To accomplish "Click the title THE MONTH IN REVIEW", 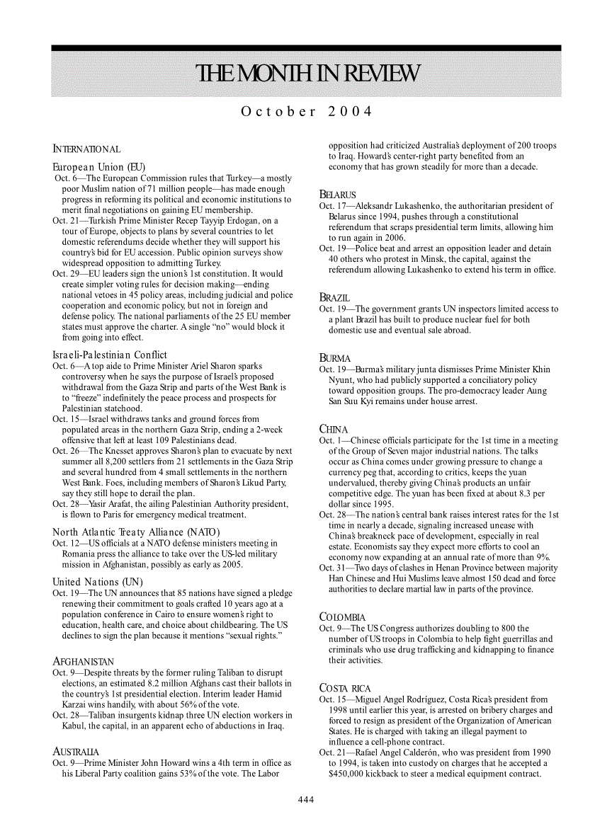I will tap(306, 74).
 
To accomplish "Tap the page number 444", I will tap(305, 799).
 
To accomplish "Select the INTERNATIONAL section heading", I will tap(86, 149).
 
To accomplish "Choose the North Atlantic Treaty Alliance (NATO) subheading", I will tap(137, 532).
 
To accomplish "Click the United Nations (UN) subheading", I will tap(98, 582).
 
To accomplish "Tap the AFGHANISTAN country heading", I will tap(84, 661).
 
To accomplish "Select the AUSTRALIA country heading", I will tap(76, 751).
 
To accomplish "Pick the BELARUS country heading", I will tap(337, 194).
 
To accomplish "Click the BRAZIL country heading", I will tap(334, 297).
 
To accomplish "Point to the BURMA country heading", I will tap(335, 358).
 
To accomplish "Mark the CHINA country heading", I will tap(334, 429).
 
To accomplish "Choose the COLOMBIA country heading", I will tap(343, 617).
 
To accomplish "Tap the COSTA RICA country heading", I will tap(345, 688).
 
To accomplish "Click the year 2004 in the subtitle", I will tap(350, 112).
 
